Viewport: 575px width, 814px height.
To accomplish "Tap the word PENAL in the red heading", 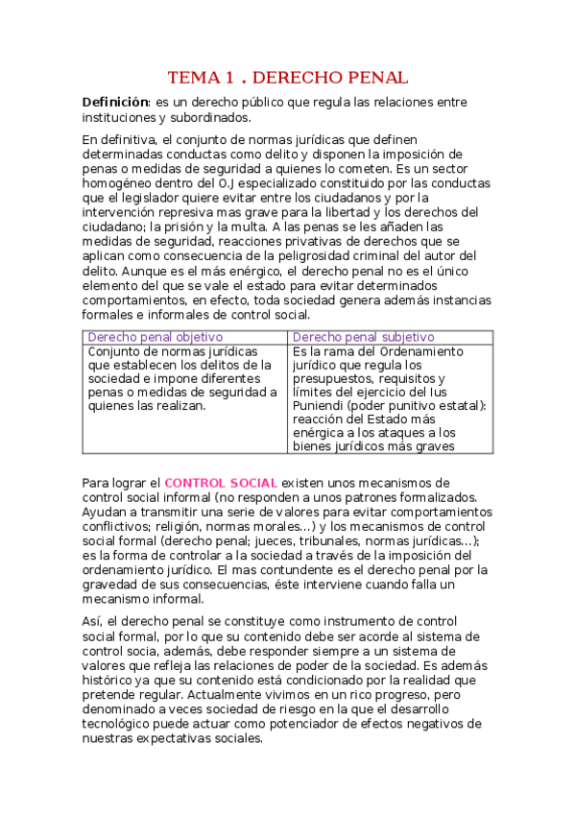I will pyautogui.click(x=374, y=77).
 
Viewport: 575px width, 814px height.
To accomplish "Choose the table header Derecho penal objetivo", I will pyautogui.click(x=156, y=337).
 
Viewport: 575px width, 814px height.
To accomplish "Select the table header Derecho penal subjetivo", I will pyautogui.click(x=363, y=337).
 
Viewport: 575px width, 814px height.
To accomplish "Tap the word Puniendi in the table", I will pyautogui.click(x=323, y=405).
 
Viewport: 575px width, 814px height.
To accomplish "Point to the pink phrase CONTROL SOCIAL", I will pyautogui.click(x=221, y=482).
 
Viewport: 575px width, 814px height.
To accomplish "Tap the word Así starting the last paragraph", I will pyautogui.click(x=94, y=621).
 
